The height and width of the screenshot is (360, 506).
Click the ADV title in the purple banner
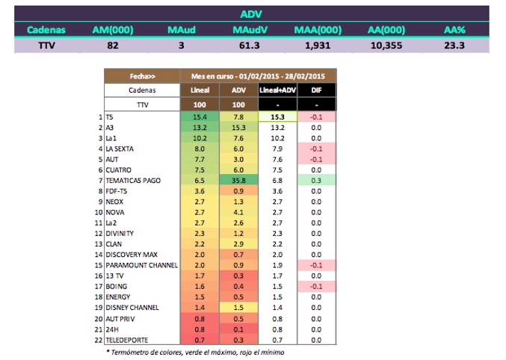251,13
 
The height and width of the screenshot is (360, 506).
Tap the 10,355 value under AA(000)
388,46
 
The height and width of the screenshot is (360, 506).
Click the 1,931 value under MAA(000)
318,46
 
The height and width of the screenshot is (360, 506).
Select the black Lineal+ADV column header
277,90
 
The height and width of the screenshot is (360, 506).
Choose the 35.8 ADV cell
238,181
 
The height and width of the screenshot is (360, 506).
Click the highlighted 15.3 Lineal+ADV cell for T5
277,117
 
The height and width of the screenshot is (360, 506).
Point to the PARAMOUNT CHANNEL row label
141,265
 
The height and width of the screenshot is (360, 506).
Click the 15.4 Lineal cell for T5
200,117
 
